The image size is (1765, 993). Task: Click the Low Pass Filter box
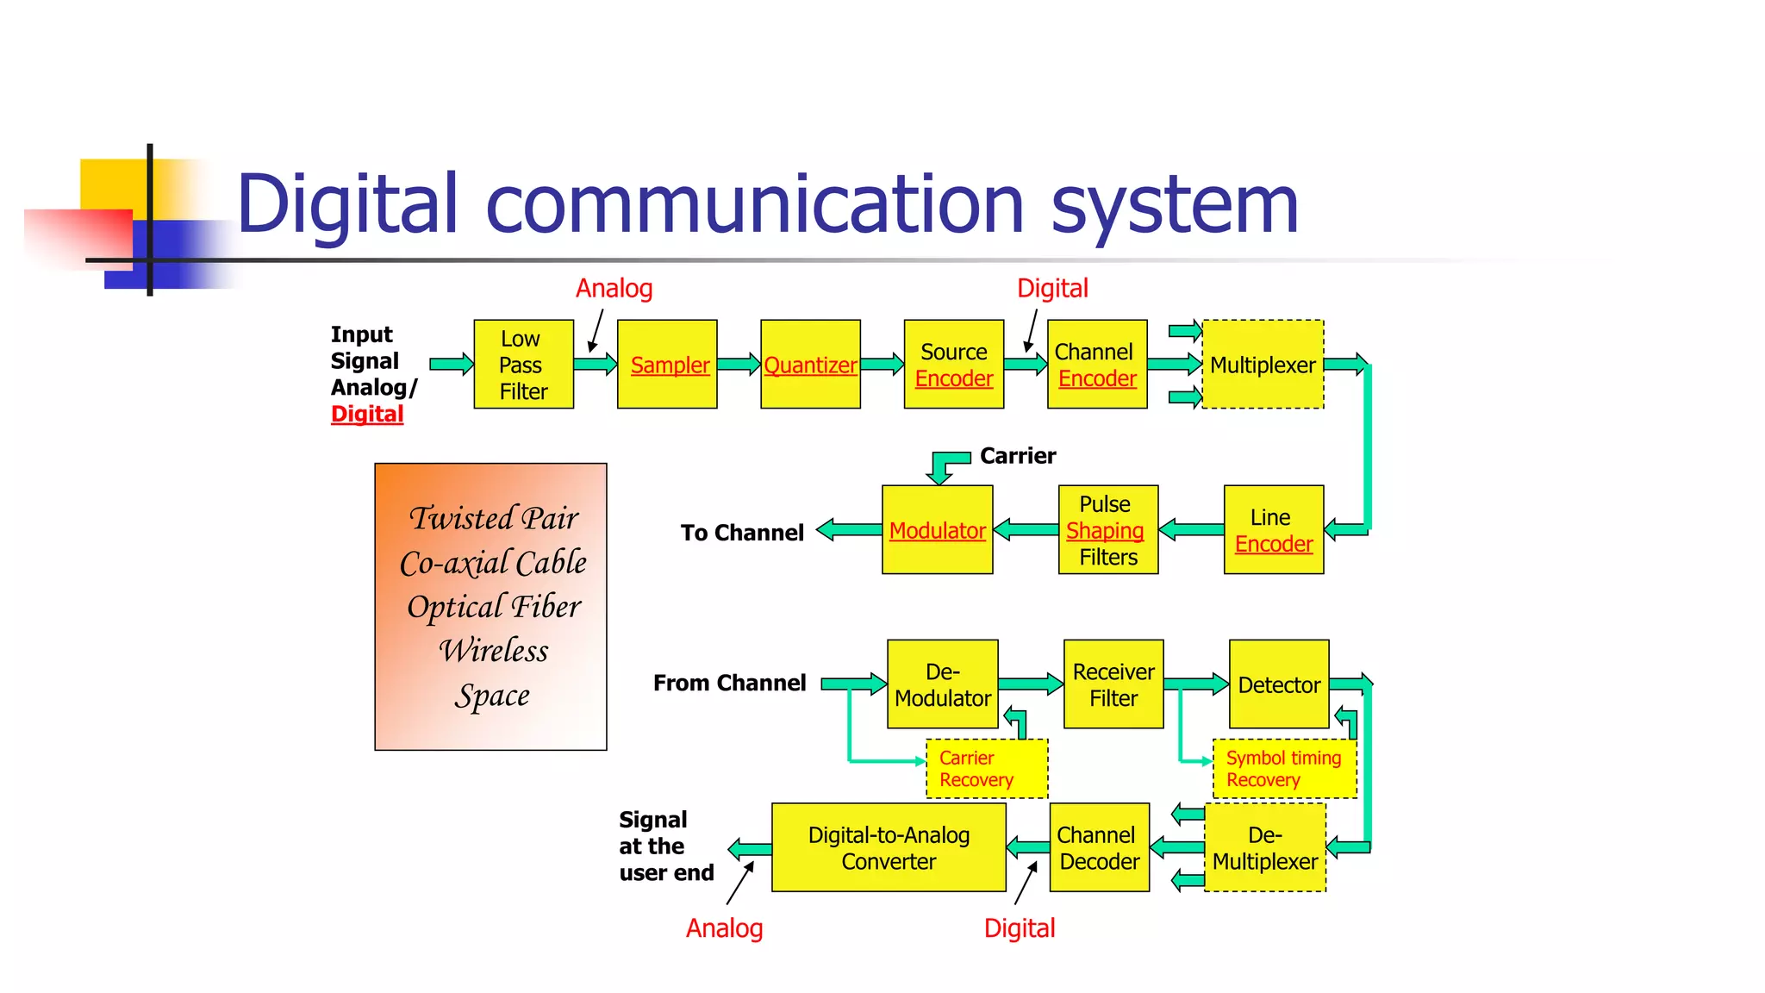click(x=523, y=365)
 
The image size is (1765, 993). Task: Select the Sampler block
click(x=667, y=365)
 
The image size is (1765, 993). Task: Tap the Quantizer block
click(x=810, y=365)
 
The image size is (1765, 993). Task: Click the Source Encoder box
click(x=953, y=365)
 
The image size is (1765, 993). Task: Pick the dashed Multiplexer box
click(x=1263, y=365)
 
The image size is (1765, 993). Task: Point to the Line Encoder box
click(x=1273, y=530)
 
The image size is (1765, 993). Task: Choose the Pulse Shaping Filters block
click(x=1107, y=530)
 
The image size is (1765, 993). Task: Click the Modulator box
click(x=937, y=530)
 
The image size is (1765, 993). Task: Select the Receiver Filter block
click(x=1113, y=684)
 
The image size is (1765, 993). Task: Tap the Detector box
click(x=1279, y=684)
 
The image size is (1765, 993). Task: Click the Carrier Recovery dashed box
click(x=986, y=768)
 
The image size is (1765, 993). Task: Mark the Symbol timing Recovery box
click(x=1283, y=768)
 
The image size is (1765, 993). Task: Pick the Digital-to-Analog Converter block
click(x=889, y=847)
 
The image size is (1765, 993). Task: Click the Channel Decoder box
click(x=1099, y=847)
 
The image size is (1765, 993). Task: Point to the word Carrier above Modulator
click(x=1018, y=455)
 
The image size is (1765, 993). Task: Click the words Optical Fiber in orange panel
click(x=494, y=607)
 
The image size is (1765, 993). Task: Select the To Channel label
click(x=742, y=533)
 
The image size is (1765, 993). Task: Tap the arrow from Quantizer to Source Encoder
click(x=882, y=365)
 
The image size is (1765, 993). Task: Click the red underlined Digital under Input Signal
click(x=367, y=415)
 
